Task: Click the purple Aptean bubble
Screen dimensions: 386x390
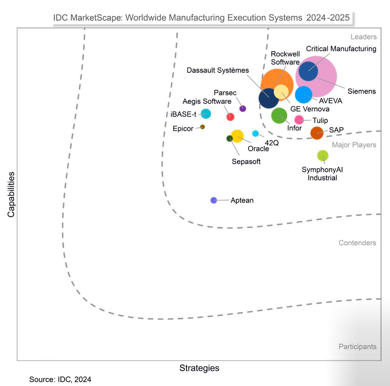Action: coord(214,200)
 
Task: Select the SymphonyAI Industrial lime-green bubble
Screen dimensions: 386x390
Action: coord(323,155)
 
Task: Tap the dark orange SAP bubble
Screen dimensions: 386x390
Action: coord(317,133)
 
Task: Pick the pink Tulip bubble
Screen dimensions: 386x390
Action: coord(299,120)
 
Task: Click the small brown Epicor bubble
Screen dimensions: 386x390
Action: coord(202,127)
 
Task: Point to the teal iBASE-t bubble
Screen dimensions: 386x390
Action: coord(206,114)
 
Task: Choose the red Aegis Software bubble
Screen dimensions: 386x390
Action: coord(230,117)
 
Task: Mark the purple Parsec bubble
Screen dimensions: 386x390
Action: coord(243,108)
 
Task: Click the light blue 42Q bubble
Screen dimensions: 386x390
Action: coord(255,134)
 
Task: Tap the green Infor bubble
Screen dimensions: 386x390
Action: coord(279,116)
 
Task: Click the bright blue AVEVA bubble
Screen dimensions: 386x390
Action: coord(303,95)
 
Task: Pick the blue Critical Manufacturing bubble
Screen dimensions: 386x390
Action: coord(308,71)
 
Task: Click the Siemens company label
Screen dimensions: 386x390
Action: coord(361,91)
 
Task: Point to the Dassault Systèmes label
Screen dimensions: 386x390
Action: coord(218,70)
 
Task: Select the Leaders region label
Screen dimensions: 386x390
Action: coord(363,37)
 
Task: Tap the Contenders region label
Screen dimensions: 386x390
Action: coord(357,243)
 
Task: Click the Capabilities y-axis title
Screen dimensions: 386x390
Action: coord(11,195)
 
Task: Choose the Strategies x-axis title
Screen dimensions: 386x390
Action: coord(199,368)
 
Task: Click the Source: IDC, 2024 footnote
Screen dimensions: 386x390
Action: coord(60,379)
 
